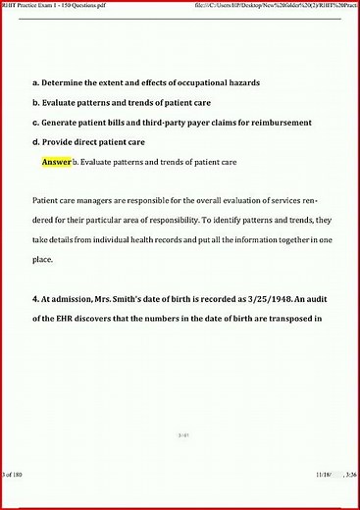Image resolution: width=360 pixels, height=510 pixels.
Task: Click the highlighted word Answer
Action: coord(57,161)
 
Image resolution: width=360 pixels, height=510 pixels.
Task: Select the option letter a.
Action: coord(35,84)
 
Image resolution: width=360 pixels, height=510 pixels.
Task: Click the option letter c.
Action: coord(35,123)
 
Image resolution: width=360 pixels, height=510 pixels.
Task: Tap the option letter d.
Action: coord(35,142)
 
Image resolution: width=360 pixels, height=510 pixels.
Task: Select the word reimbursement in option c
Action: coord(279,123)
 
